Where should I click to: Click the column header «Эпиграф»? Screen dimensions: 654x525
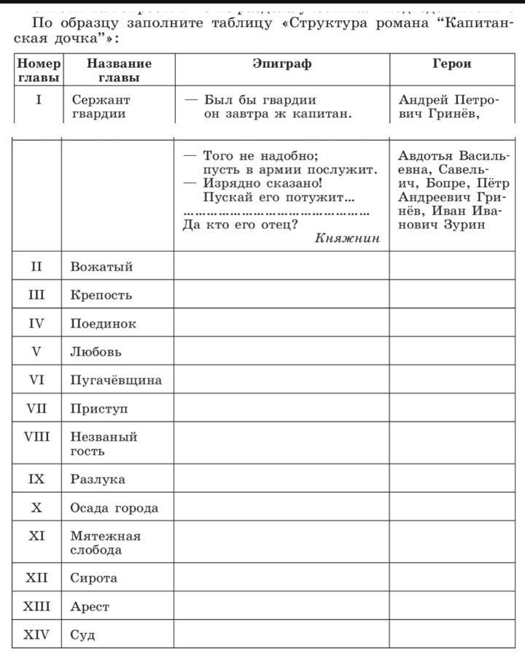coord(281,64)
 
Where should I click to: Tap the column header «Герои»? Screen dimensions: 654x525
coord(452,64)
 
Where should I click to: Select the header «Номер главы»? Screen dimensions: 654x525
coord(39,71)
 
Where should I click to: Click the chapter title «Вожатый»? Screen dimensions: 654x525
coord(101,267)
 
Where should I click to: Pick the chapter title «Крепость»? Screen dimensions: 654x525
coord(101,295)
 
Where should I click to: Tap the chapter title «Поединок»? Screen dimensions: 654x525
coord(103,324)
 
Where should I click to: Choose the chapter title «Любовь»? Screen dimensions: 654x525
coord(96,352)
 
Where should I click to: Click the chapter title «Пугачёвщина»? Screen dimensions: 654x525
coord(116,381)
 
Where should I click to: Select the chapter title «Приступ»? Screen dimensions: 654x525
coord(99,409)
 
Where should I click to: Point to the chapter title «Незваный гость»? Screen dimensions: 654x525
coord(104,444)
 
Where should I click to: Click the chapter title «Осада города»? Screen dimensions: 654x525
coord(114,508)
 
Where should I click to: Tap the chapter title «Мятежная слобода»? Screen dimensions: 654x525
coord(106,543)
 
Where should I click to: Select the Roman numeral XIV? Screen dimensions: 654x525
coord(36,634)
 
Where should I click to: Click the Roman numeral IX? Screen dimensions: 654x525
coord(36,480)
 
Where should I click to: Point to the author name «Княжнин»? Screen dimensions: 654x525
coord(348,238)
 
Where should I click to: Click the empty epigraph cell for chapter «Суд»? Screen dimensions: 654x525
coord(281,634)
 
